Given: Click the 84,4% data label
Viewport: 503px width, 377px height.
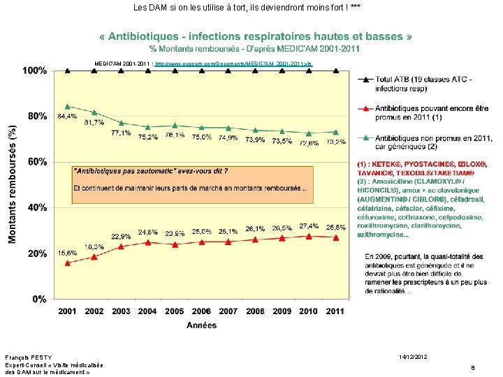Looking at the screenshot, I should coord(67,116).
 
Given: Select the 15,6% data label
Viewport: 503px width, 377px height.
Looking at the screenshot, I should coord(67,252).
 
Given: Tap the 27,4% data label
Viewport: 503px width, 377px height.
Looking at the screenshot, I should coord(309,226).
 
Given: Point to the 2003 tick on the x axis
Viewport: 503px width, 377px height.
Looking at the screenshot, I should coord(121,311).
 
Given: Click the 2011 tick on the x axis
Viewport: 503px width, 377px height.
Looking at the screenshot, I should coord(335,311).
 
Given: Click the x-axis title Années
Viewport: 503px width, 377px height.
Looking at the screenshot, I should coord(201,325).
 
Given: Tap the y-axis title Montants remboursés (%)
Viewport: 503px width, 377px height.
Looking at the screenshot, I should coord(12,184).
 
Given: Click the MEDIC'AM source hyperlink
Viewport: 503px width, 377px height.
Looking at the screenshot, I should coord(234,64).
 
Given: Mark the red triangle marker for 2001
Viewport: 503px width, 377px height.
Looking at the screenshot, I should coord(67,263).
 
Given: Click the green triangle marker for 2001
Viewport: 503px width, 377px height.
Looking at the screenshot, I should coord(67,106).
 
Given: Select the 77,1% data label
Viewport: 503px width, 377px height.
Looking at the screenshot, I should coord(121,133).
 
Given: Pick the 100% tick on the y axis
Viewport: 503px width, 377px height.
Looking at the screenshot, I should coord(35,71).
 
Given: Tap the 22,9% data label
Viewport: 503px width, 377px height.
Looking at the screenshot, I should coord(121,237).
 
